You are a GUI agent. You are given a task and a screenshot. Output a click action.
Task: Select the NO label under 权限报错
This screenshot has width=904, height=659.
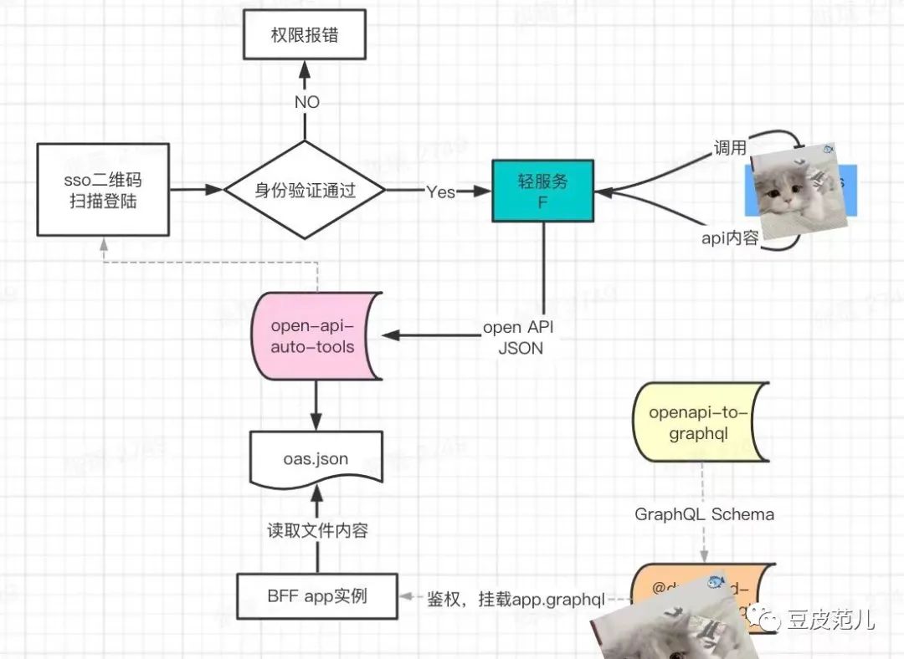click(x=306, y=102)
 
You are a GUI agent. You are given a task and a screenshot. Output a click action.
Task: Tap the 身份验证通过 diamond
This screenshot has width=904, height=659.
click(x=305, y=190)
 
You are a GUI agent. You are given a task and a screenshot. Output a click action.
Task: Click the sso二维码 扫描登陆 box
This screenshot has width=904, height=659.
click(x=103, y=190)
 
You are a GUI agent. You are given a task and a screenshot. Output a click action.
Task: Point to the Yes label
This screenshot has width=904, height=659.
click(x=440, y=192)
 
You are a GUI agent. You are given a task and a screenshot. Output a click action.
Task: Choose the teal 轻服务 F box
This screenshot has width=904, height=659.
click(x=543, y=191)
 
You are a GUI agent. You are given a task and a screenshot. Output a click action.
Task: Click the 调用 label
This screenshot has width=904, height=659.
click(x=729, y=148)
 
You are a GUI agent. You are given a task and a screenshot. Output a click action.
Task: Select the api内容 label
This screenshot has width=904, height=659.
click(x=730, y=238)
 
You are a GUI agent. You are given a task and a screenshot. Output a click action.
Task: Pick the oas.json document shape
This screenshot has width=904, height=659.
click(x=316, y=458)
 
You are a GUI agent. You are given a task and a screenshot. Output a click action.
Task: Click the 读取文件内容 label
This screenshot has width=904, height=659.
click(x=317, y=530)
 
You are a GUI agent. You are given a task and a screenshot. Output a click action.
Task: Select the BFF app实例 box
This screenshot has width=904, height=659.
click(x=317, y=596)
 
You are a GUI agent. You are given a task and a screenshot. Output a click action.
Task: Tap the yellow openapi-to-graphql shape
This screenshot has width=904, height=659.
click(x=700, y=423)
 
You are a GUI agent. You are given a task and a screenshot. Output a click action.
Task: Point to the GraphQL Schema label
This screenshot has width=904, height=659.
click(x=703, y=514)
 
